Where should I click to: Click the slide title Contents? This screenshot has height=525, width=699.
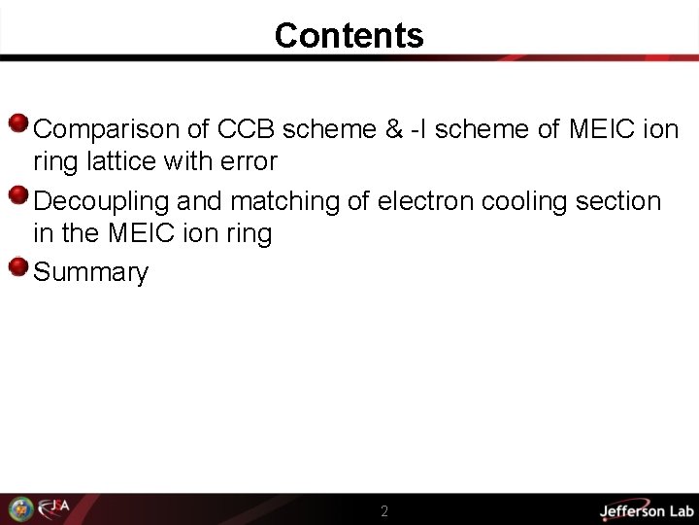tap(349, 36)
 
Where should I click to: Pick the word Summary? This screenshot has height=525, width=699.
tap(90, 272)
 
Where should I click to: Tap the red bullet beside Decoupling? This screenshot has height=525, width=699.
tap(17, 195)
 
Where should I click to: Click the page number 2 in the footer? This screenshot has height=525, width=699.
tap(384, 511)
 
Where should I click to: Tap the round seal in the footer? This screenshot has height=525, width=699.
tap(20, 508)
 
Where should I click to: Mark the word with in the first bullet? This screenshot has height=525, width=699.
tap(190, 160)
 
